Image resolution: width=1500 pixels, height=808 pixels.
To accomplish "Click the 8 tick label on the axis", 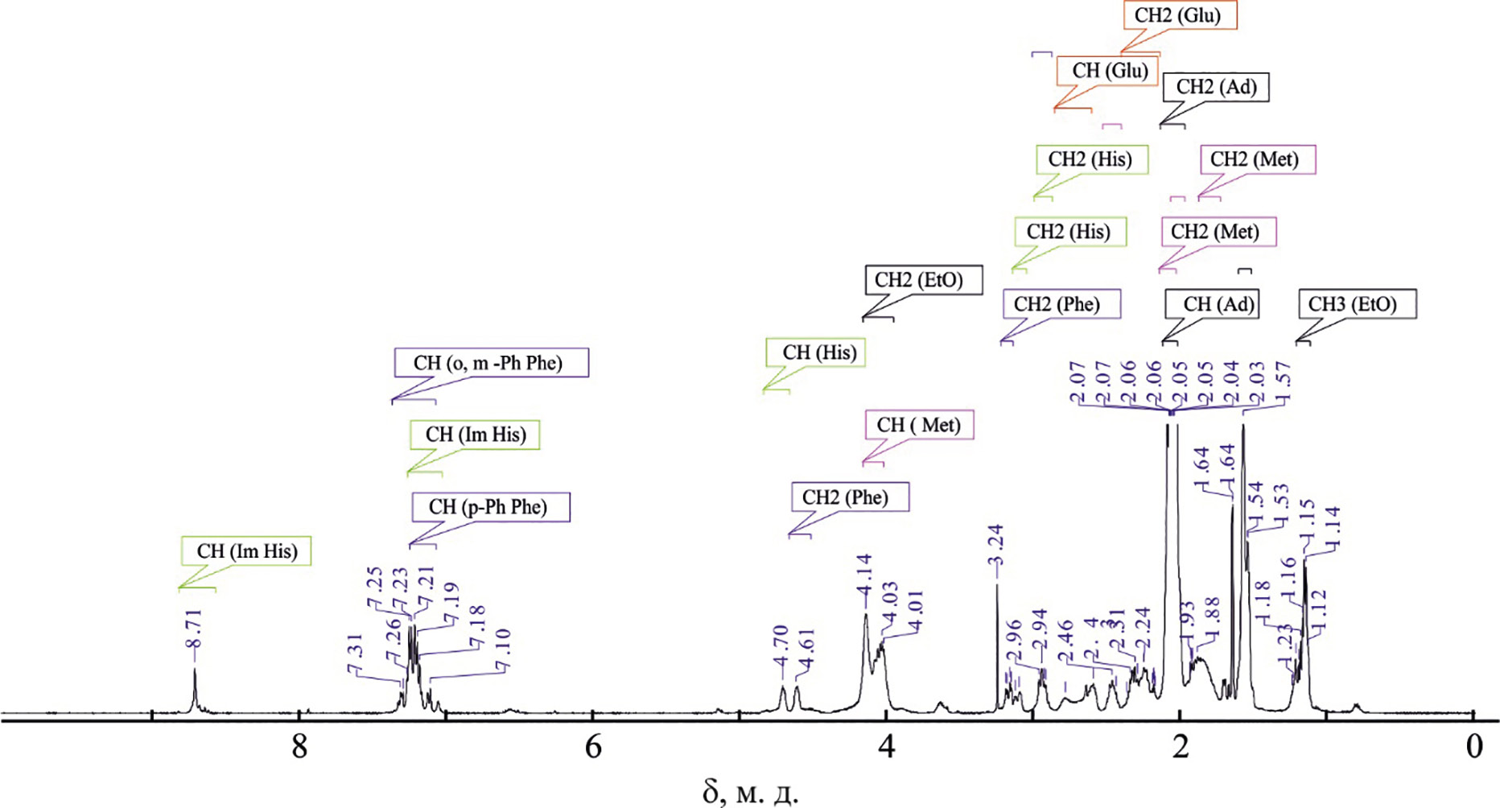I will (299, 747).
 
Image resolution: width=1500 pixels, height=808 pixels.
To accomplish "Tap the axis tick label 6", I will (593, 747).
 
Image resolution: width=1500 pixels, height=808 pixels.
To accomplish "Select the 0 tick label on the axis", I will (1473, 747).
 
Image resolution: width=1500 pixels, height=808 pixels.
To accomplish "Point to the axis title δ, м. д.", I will (750, 792).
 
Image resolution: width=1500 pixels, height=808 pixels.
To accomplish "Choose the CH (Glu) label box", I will (1109, 71).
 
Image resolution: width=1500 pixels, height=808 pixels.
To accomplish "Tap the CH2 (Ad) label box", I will (1216, 87).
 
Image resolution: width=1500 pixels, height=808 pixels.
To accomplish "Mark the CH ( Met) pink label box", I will (918, 425).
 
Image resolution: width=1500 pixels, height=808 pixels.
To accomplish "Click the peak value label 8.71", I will (193, 629).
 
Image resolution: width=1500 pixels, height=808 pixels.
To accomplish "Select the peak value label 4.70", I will (781, 646).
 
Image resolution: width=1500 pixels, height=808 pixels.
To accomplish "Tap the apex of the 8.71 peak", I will (195, 670).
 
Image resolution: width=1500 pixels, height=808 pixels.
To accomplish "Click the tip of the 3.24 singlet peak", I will (997, 586).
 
